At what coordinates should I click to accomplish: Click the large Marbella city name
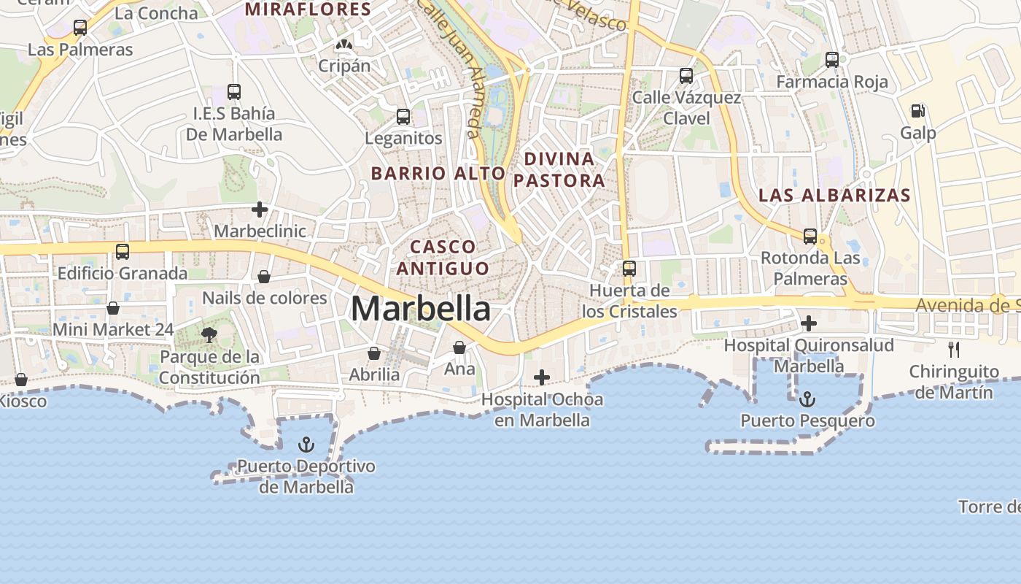[x=421, y=309]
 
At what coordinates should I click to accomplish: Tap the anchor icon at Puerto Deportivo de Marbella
[x=307, y=445]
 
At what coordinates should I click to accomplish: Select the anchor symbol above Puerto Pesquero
[x=807, y=399]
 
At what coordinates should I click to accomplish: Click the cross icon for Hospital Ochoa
[x=542, y=377]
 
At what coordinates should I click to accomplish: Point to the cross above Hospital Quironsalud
[x=808, y=323]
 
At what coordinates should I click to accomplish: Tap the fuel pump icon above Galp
[x=917, y=111]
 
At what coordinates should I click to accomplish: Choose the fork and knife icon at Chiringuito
[x=954, y=350]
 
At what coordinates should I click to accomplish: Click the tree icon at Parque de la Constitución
[x=209, y=335]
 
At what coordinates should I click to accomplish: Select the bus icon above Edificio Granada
[x=123, y=252]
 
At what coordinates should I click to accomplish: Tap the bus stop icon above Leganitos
[x=403, y=116]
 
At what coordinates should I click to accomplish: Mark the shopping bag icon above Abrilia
[x=374, y=353]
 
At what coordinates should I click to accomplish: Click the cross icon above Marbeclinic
[x=259, y=210]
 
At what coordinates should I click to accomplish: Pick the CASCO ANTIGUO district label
[x=443, y=257]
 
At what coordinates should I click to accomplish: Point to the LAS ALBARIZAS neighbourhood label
[x=834, y=195]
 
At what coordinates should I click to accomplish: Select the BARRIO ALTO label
[x=438, y=173]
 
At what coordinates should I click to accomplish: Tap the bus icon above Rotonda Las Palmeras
[x=810, y=237]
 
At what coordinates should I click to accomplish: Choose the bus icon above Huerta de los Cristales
[x=629, y=269]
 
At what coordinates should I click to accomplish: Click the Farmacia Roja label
[x=832, y=82]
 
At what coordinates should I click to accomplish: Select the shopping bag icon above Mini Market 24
[x=113, y=308]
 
